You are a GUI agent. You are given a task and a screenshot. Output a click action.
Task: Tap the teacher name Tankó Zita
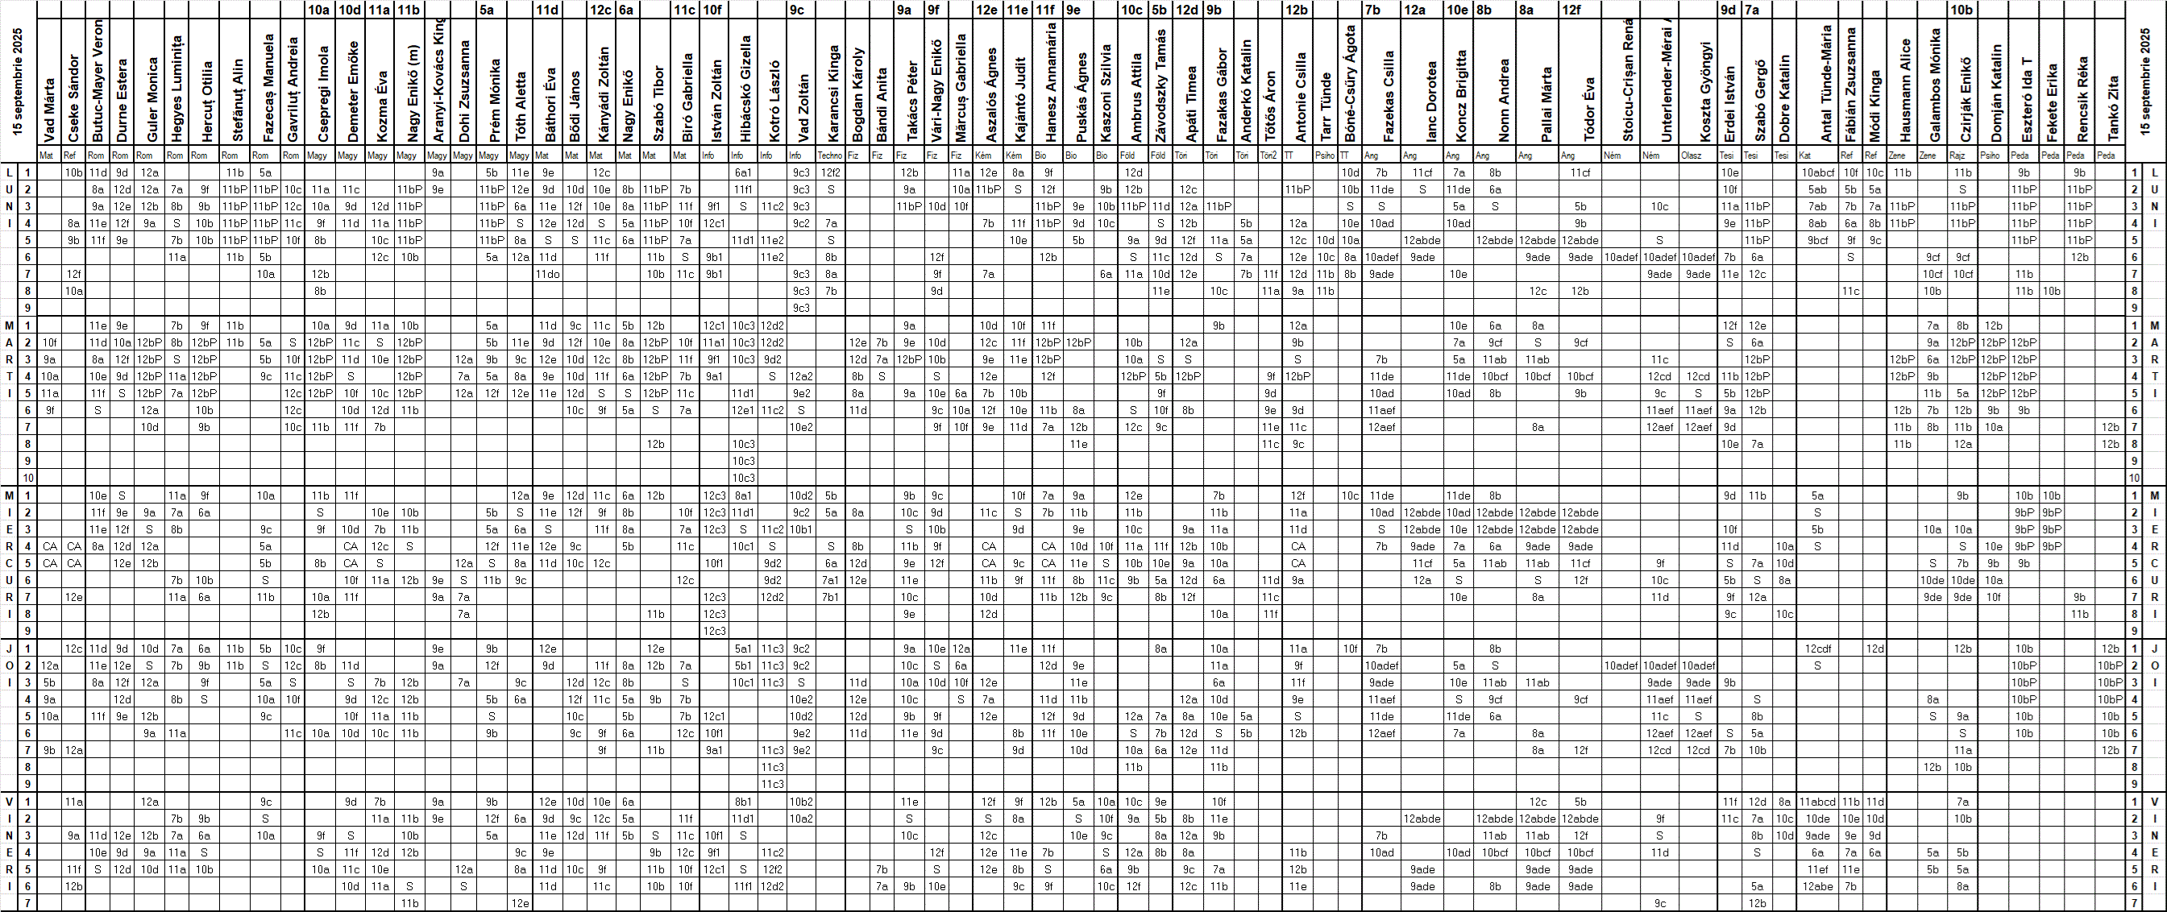[x=2111, y=109]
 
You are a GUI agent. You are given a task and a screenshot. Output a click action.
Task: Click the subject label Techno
[x=829, y=155]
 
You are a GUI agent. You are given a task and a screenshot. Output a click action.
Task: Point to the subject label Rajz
[x=1957, y=155]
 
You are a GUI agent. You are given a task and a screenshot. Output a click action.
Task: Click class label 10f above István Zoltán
[x=712, y=10]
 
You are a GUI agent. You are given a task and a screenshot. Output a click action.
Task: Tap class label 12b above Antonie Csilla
[x=1297, y=10]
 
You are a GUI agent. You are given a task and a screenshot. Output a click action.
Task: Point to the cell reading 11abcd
[x=1817, y=802]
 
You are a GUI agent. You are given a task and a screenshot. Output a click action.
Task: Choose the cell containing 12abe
[x=1818, y=886]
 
